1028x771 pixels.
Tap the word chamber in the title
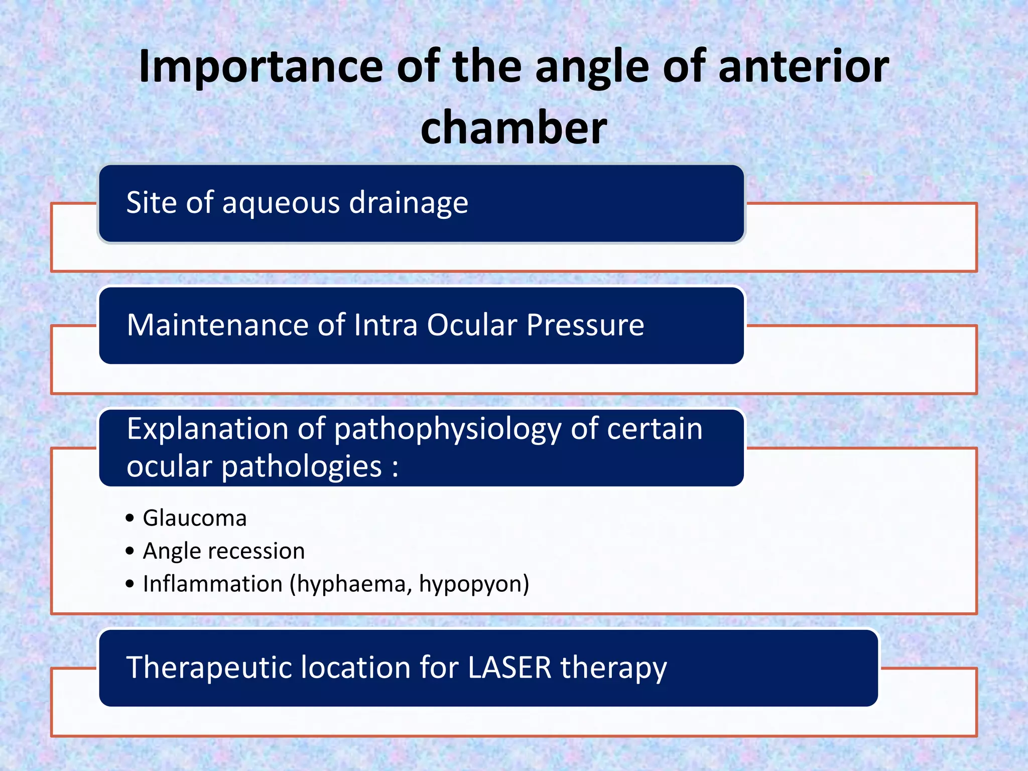(513, 127)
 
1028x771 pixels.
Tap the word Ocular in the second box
(472, 325)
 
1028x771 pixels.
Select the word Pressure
(585, 325)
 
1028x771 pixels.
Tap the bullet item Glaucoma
(195, 518)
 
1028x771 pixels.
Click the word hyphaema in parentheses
(353, 584)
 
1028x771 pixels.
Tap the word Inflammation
(213, 584)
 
